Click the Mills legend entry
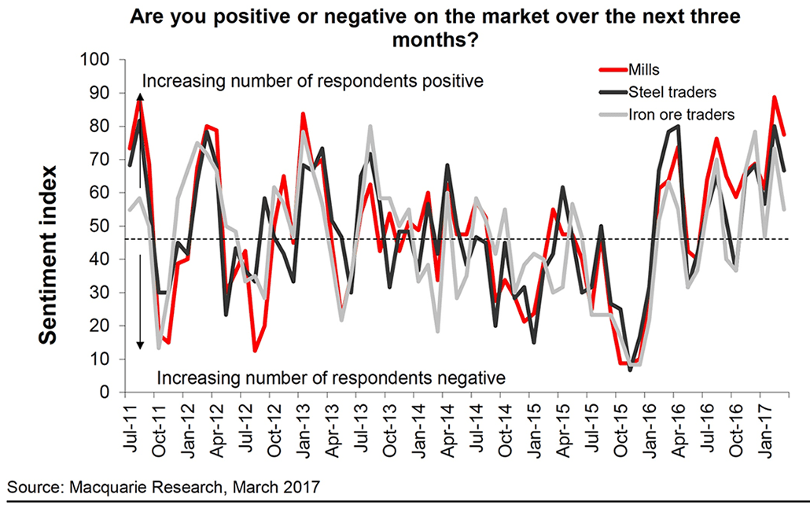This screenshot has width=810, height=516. click(x=646, y=69)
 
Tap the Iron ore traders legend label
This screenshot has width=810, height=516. click(x=681, y=114)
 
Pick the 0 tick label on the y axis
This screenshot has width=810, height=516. click(x=109, y=393)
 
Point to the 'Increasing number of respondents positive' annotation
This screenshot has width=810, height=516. click(x=311, y=81)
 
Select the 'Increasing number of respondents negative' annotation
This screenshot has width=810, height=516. click(x=330, y=378)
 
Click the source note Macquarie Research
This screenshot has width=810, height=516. click(x=164, y=487)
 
